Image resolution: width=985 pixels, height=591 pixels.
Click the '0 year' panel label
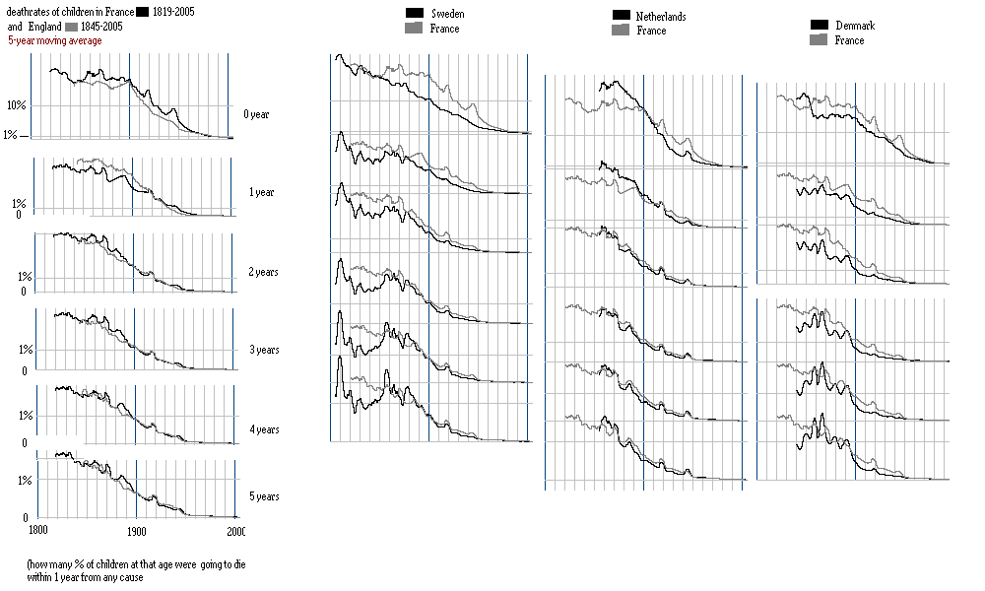(257, 114)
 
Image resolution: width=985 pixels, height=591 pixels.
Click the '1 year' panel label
(260, 192)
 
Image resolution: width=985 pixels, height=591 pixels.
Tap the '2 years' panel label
(263, 271)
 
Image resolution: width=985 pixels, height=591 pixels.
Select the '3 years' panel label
(263, 350)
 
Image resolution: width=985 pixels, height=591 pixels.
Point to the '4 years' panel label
(263, 429)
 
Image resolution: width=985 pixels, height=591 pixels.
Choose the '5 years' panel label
(263, 496)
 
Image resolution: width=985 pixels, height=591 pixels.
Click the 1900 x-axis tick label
(137, 530)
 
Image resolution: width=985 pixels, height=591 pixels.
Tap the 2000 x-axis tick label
(236, 530)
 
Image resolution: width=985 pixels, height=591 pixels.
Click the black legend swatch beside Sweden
(415, 13)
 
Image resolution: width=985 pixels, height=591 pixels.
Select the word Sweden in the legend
(448, 15)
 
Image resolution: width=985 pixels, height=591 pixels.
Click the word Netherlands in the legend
(661, 17)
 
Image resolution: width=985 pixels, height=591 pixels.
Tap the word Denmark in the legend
(854, 26)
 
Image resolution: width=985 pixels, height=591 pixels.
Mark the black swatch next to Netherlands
(621, 16)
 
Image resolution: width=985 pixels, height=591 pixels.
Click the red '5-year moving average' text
(54, 41)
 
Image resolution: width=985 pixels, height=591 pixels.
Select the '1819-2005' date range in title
(176, 12)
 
